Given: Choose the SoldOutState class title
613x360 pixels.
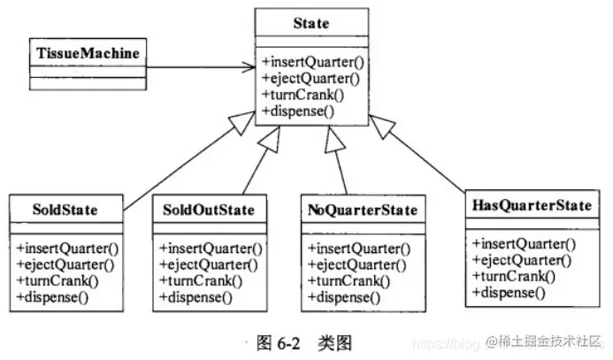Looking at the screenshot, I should tap(209, 211).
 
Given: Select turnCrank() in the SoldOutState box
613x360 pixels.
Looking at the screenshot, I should tap(196, 280).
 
